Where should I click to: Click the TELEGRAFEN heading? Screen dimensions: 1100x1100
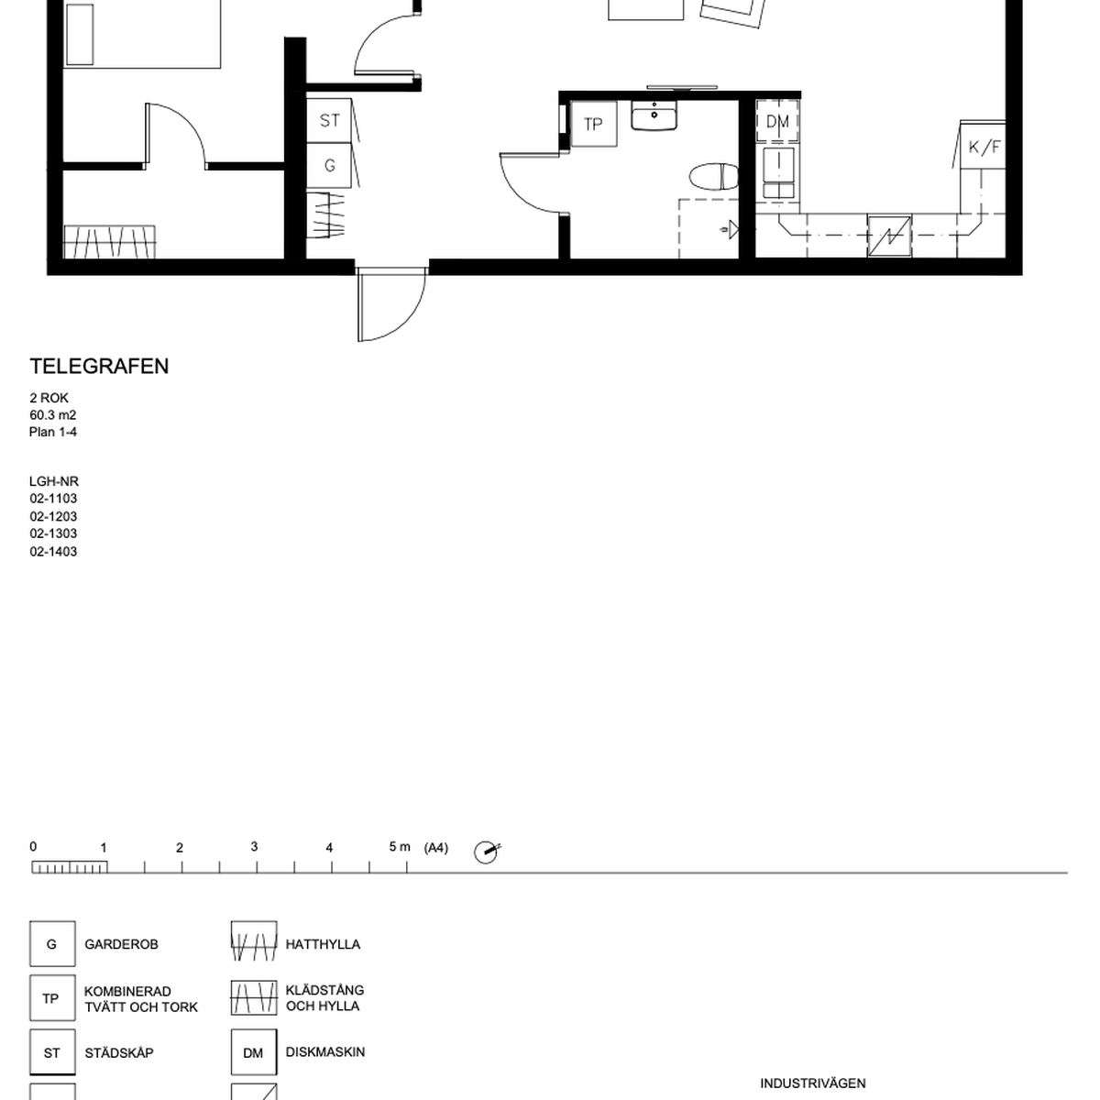click(x=99, y=367)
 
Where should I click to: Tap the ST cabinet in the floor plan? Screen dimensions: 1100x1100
click(x=329, y=120)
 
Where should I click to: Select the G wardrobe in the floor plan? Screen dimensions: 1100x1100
click(x=329, y=166)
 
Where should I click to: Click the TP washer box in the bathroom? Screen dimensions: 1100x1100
click(x=594, y=124)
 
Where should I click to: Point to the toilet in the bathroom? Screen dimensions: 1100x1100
click(x=713, y=177)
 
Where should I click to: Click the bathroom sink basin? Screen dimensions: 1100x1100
click(x=654, y=115)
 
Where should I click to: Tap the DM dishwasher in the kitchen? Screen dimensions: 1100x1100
click(x=777, y=121)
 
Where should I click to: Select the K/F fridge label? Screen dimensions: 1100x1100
click(x=984, y=148)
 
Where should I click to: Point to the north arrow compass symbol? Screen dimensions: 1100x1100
click(x=487, y=852)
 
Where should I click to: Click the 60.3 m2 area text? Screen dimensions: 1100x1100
click(x=52, y=415)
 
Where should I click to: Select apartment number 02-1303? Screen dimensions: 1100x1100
click(x=53, y=533)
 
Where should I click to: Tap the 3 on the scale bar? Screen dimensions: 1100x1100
click(x=254, y=847)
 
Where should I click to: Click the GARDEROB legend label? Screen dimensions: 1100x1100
click(x=121, y=944)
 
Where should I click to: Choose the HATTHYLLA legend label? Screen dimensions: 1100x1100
click(x=323, y=944)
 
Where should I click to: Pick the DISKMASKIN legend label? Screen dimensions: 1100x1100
click(x=325, y=1051)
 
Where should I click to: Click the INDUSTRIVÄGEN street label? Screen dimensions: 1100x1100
click(x=813, y=1083)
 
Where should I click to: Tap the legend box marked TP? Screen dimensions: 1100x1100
click(x=52, y=998)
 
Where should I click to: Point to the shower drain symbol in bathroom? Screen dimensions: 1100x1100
click(x=731, y=230)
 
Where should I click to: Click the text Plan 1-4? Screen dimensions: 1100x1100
click(x=53, y=432)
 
